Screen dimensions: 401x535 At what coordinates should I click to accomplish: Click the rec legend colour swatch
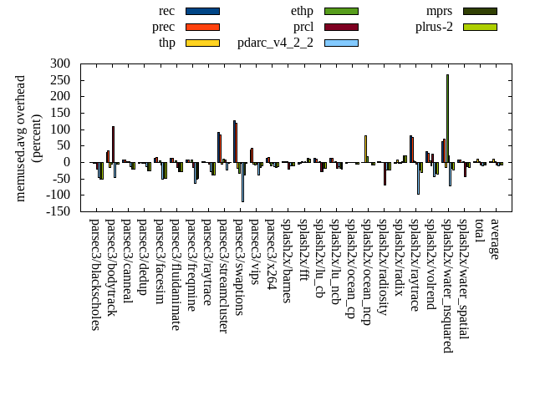[202, 11]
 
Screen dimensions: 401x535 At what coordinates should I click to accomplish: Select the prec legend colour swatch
[202, 27]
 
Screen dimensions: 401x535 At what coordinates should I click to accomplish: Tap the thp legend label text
[167, 43]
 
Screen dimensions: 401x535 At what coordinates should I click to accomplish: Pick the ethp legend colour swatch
[341, 11]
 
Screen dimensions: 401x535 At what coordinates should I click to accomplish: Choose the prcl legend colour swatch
[341, 27]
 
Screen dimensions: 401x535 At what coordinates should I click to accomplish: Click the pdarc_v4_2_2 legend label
[275, 43]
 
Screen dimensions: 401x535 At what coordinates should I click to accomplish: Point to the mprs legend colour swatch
[480, 11]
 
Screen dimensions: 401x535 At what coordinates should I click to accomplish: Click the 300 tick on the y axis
[60, 63]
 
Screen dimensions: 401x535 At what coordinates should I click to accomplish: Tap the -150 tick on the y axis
[58, 211]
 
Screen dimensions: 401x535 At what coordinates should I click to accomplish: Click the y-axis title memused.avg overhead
[21, 138]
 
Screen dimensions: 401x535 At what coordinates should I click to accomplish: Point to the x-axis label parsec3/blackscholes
[94, 274]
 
